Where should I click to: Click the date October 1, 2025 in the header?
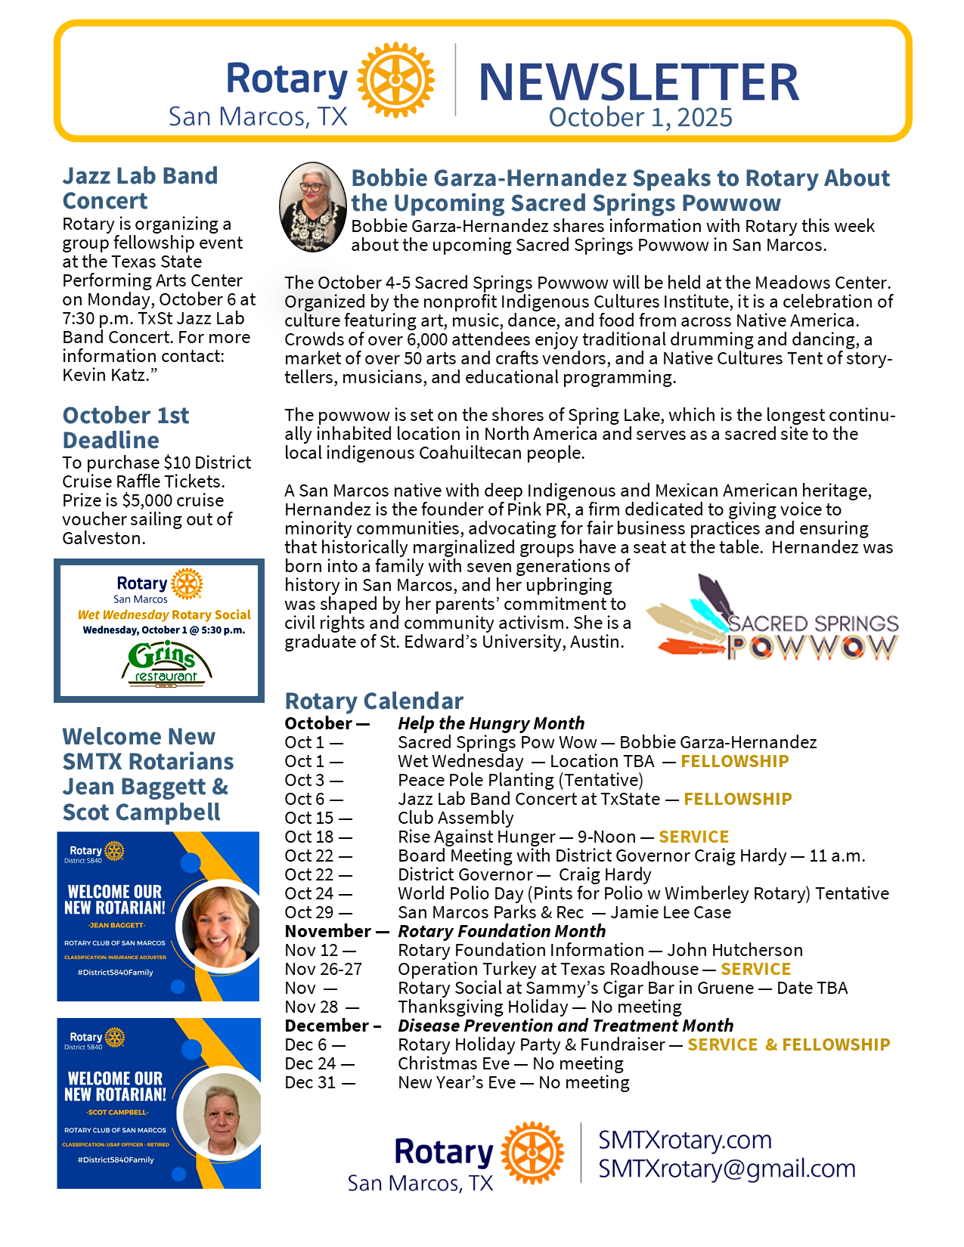tap(640, 118)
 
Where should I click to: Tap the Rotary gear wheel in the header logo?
tap(395, 80)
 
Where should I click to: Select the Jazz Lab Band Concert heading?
tap(140, 188)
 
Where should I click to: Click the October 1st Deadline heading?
tap(126, 427)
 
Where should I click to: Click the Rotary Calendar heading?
tap(374, 701)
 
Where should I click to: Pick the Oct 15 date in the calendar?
tap(318, 818)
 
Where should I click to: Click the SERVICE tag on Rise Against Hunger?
tap(693, 837)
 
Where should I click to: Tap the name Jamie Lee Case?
tap(671, 912)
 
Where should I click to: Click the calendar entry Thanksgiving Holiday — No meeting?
tap(539, 1007)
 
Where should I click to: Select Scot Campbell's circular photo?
tap(222, 1113)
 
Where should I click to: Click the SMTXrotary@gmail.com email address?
tap(727, 1168)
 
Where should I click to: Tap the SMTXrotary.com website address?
tap(685, 1140)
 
